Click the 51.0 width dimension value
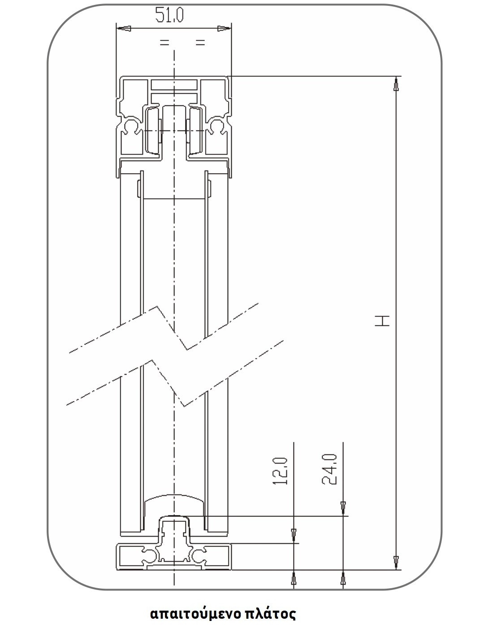pos(169,15)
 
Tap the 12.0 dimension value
pos(281,471)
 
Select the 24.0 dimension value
pos(329,469)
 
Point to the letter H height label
pos(382,321)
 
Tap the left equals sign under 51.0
pos(164,43)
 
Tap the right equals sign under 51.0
pos(200,43)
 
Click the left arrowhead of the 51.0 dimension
pos(124,28)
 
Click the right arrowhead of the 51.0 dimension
pos(224,28)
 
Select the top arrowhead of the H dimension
pos(396,84)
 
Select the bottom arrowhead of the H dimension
pos(396,563)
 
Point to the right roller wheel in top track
pos(194,131)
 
